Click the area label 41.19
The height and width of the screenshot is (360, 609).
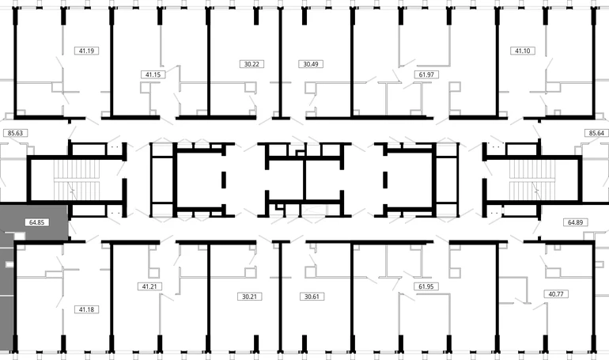(86, 51)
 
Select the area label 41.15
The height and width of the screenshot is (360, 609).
(153, 74)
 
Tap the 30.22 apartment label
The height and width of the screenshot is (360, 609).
(252, 64)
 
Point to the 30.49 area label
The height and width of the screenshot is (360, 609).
(311, 64)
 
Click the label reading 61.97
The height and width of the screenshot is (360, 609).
(426, 74)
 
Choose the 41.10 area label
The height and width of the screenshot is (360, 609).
(522, 51)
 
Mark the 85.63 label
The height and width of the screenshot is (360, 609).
(15, 133)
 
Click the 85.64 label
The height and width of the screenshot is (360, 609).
(596, 133)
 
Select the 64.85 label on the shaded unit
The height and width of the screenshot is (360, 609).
(36, 222)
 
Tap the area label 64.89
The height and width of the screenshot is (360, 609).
(575, 222)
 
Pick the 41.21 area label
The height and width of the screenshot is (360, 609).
(149, 286)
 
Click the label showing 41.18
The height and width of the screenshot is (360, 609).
(86, 309)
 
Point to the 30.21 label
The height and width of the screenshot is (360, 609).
(249, 297)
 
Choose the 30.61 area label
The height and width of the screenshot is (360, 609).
(312, 297)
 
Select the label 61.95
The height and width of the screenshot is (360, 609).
(426, 286)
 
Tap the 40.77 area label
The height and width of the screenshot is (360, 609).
(556, 294)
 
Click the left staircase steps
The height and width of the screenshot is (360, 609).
(77, 180)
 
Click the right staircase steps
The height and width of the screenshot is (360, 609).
(532, 180)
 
